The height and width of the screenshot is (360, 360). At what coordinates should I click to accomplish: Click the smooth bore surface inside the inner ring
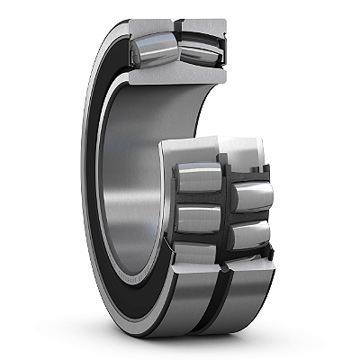126,180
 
